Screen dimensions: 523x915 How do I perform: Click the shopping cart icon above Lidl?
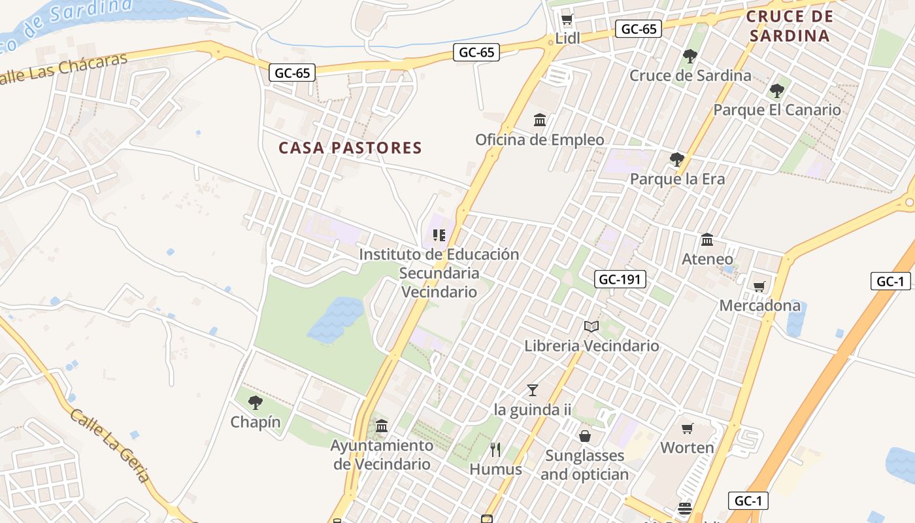point(567,19)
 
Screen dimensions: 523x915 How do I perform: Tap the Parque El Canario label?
point(776,110)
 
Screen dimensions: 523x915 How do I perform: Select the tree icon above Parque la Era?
point(677,159)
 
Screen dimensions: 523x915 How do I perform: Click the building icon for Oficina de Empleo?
point(540,120)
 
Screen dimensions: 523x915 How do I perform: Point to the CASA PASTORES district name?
point(350,148)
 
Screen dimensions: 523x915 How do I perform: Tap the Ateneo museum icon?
point(707,240)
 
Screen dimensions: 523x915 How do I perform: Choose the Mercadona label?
point(759,305)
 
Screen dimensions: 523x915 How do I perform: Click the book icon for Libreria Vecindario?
point(591,326)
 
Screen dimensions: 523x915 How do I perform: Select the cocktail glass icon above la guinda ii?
point(533,390)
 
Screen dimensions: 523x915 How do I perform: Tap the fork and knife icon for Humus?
point(495,449)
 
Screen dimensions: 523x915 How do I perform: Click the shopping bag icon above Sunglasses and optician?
point(585,435)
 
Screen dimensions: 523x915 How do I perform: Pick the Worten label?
point(687,448)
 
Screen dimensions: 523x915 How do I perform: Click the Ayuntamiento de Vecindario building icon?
point(382,426)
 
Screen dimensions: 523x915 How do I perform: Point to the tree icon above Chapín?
point(256,403)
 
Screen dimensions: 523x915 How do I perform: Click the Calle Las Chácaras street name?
point(62,69)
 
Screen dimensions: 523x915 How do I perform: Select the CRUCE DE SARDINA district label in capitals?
point(790,25)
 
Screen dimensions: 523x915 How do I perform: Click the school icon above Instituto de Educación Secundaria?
point(439,235)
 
